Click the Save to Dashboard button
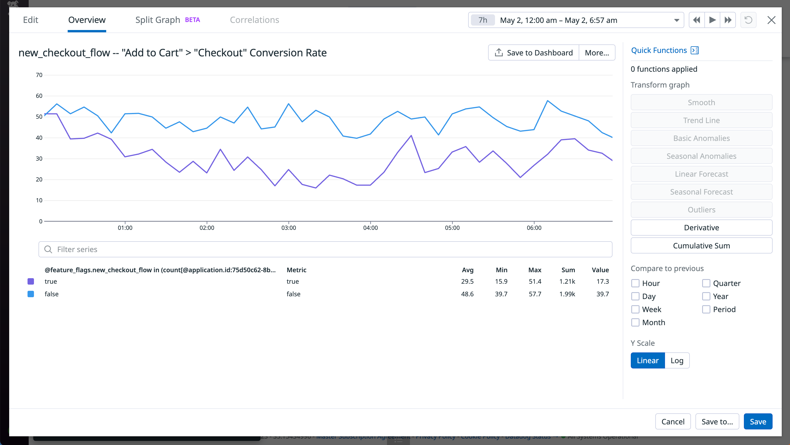pos(533,53)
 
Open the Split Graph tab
pos(158,20)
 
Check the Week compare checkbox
pos(635,309)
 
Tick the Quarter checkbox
pos(706,283)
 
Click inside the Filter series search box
pos(325,249)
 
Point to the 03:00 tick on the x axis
pos(289,228)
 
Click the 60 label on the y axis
pos(39,96)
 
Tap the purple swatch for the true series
pos(31,281)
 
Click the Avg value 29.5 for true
pos(467,281)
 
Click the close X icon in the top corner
pos(771,20)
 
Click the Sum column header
pos(568,270)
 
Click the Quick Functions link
pos(659,50)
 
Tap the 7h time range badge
pos(483,20)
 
